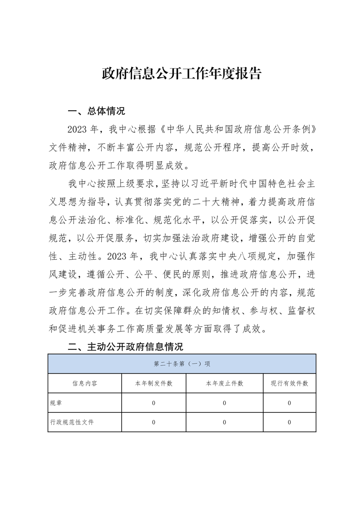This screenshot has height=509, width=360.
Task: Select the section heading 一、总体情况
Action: (x=96, y=112)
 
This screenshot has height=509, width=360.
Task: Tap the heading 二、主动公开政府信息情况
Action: (x=125, y=347)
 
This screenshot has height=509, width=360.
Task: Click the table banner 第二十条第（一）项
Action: (x=182, y=364)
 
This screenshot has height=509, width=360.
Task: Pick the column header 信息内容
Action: (x=84, y=383)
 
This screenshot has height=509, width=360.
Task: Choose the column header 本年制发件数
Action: (x=153, y=383)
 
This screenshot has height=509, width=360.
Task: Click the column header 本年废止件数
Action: (x=224, y=383)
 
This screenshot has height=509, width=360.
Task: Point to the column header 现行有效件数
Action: (x=289, y=383)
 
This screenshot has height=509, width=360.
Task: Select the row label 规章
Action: (x=56, y=403)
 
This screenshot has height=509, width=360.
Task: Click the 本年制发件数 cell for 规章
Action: (x=153, y=403)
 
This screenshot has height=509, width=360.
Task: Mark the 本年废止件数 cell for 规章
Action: (x=224, y=403)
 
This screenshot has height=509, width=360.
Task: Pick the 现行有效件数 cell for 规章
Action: (x=289, y=403)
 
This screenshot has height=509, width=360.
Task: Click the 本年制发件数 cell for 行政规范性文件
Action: (x=153, y=422)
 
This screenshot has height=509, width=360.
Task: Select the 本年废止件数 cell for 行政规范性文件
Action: (x=224, y=422)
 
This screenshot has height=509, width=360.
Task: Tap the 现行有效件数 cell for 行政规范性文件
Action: (x=289, y=422)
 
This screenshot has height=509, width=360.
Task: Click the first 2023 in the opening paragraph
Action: (x=78, y=130)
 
